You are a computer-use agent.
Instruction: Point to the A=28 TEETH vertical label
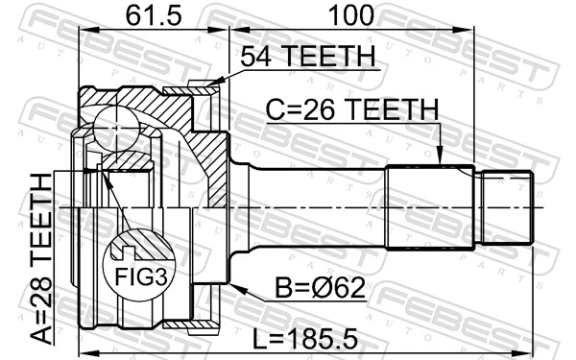click(x=41, y=258)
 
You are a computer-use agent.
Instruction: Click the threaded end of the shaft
click(x=506, y=206)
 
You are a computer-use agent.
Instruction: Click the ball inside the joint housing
click(x=119, y=126)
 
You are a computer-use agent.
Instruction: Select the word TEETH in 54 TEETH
click(x=332, y=57)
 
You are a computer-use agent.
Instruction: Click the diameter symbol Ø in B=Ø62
click(x=320, y=291)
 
